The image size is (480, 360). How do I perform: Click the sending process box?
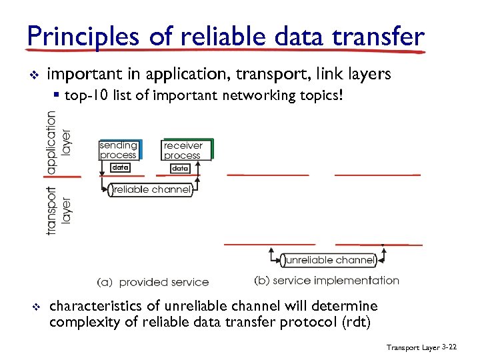(x=119, y=150)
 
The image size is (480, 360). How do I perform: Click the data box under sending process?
(x=120, y=168)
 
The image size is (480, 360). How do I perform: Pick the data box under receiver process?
(x=180, y=169)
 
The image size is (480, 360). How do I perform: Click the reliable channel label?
(x=151, y=190)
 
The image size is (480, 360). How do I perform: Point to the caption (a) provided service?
(x=153, y=283)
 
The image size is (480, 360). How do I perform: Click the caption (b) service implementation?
(x=327, y=281)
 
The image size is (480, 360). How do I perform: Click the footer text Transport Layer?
(x=413, y=348)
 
